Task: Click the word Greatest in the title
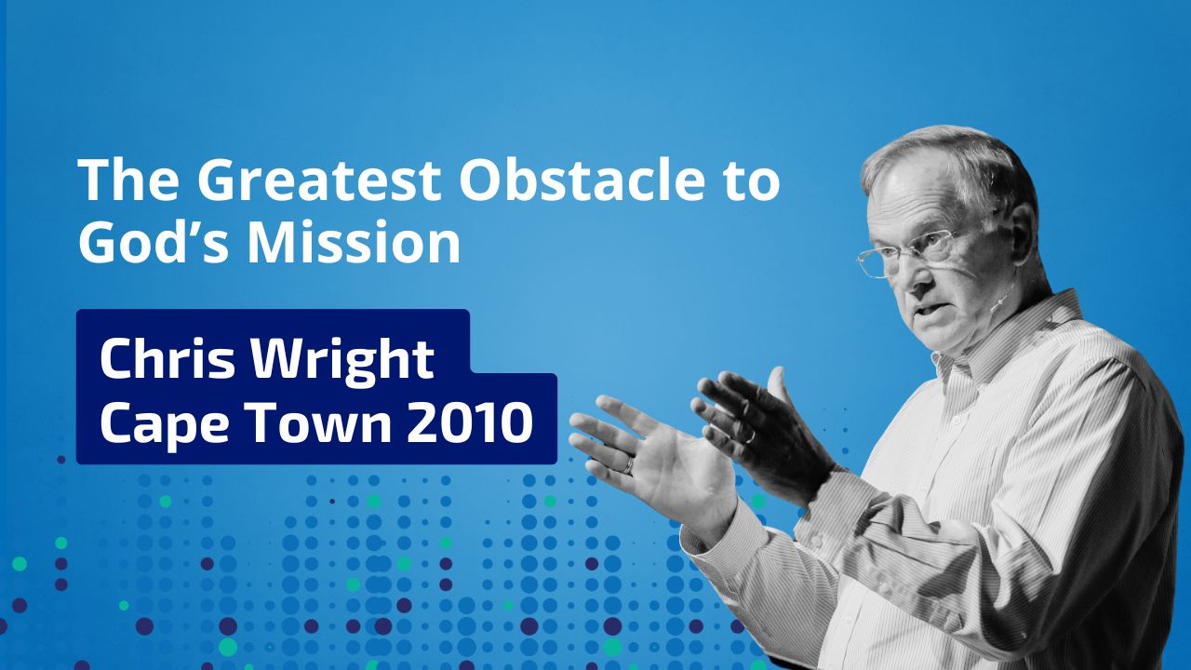pos(318,180)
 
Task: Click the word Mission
pos(355,242)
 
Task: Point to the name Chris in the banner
pos(167,359)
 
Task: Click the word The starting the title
pos(128,180)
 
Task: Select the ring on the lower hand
pos(629,466)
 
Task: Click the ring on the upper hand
pos(750,437)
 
